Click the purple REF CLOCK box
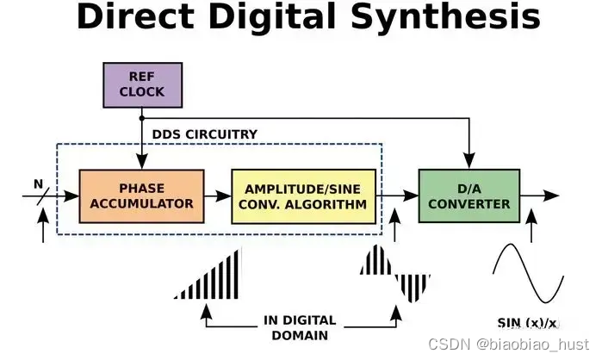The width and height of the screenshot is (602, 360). click(x=142, y=84)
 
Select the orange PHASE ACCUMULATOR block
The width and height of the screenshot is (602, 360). click(x=141, y=197)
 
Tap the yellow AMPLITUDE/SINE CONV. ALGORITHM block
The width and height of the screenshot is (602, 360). click(x=305, y=197)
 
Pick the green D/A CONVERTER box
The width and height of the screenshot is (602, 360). click(x=469, y=197)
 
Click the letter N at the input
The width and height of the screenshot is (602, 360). click(x=37, y=183)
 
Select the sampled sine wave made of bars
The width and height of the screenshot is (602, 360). click(x=394, y=273)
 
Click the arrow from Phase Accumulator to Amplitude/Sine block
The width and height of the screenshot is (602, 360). click(x=218, y=197)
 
